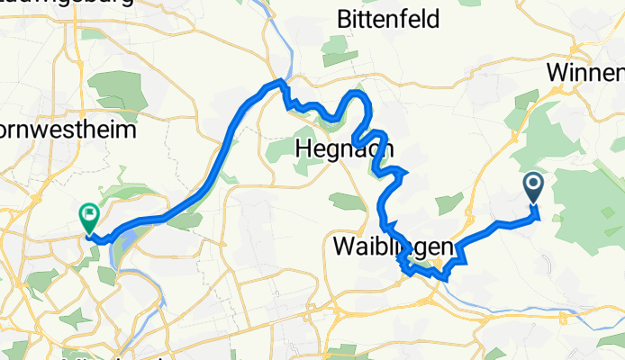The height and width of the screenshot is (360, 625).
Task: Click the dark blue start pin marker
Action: click(532, 187)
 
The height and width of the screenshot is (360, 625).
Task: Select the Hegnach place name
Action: click(343, 149)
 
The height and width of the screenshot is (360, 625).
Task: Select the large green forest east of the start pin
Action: click(585, 198)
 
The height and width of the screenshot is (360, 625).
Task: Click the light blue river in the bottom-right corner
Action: click(558, 309)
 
